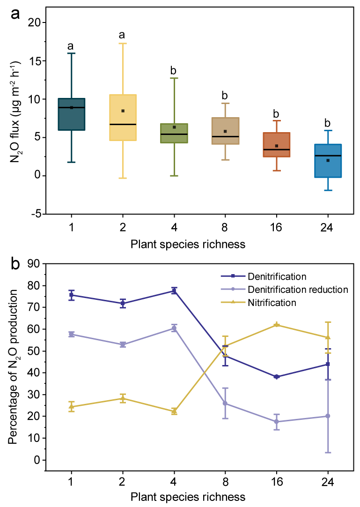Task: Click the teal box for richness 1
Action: coord(71,114)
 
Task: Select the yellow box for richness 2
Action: coord(123,117)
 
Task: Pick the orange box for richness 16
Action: coord(277,145)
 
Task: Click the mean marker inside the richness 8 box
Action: coord(225,131)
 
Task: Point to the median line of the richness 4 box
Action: coord(174,134)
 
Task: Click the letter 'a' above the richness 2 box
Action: coord(122,35)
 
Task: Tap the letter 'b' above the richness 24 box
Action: coord(328,123)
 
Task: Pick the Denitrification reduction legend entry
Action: coord(298,289)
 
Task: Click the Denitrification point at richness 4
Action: coord(174,291)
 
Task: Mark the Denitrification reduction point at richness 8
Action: coord(225,403)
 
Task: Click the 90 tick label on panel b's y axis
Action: coord(35,264)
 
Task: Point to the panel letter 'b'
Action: coord(15,264)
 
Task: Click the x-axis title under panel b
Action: coord(187,496)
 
